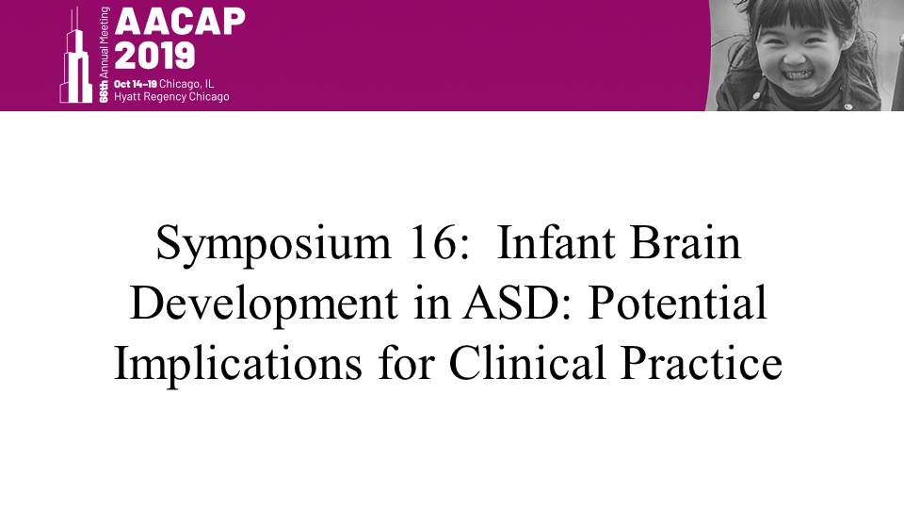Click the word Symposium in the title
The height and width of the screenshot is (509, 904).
274,244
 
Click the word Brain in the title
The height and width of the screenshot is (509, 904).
686,242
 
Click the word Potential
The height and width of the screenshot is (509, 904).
677,303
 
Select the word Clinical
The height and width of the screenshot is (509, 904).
527,362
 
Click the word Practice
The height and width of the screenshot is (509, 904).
701,362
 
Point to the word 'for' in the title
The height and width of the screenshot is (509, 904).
406,362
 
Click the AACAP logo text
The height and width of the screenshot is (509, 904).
180,22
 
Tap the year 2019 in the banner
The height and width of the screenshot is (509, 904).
154,56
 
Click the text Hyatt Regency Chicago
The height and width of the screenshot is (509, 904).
171,97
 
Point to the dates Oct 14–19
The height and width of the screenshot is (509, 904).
135,84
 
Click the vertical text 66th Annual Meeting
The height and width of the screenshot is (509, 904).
104,55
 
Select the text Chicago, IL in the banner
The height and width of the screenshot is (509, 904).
186,84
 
